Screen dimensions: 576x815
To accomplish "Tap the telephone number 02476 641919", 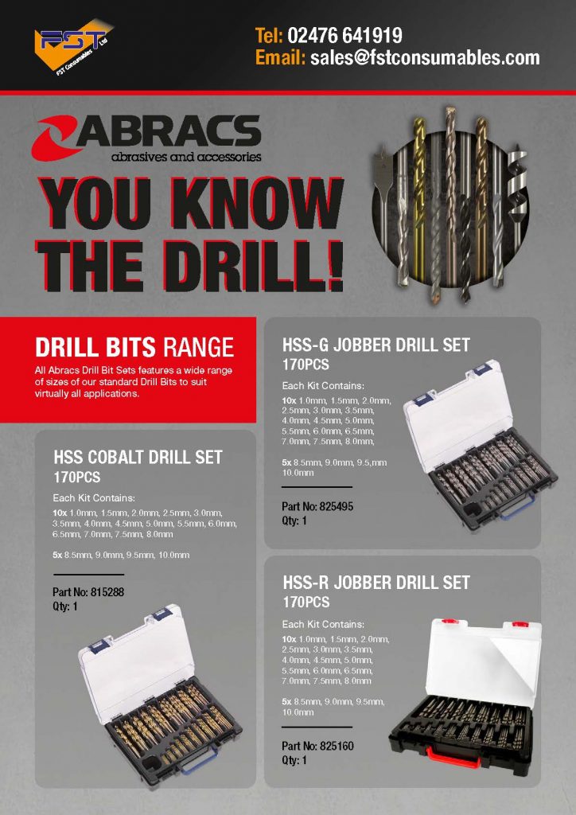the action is [344, 35].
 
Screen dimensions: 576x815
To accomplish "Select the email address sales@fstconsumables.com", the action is [425, 57].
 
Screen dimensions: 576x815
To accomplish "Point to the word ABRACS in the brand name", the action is [169, 131].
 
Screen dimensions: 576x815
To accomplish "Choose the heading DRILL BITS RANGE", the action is [134, 348].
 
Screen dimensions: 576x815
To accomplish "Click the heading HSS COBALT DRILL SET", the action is [138, 458].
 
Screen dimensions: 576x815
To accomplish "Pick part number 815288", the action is [107, 592].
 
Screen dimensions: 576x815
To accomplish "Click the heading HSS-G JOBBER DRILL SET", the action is [376, 345].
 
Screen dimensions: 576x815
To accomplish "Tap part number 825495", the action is [336, 506].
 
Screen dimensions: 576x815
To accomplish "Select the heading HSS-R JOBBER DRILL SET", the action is [376, 583].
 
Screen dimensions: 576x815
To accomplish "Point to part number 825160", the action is [337, 746].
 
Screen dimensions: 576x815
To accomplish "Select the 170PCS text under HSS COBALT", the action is [77, 478].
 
